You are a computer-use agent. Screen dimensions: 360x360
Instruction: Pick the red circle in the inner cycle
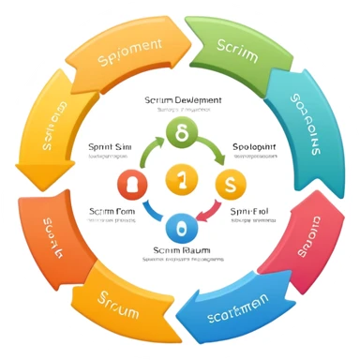click(130, 183)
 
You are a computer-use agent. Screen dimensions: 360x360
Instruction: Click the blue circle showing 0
click(181, 226)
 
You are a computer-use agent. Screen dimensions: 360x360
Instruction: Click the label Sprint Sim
click(110, 147)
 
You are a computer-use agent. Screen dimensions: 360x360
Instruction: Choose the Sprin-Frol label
click(251, 213)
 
